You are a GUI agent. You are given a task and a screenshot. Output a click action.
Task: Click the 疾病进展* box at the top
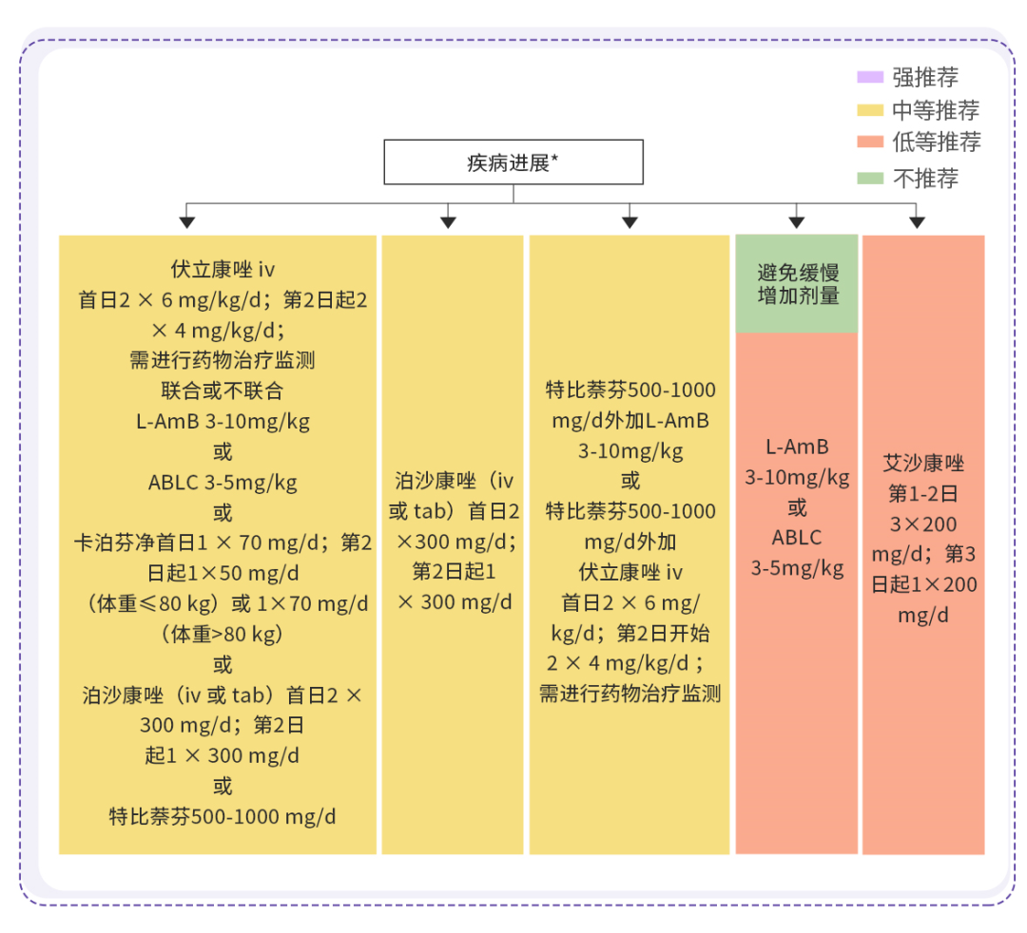point(513,162)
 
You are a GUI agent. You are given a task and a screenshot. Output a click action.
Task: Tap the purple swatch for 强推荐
point(870,78)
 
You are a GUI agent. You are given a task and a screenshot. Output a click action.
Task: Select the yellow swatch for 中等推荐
point(870,110)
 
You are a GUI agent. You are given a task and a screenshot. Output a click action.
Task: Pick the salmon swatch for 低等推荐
point(870,143)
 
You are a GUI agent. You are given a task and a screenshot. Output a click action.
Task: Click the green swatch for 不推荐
point(870,178)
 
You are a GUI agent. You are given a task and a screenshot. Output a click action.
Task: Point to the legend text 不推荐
point(925,178)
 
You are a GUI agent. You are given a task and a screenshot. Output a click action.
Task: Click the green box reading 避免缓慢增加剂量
point(798,284)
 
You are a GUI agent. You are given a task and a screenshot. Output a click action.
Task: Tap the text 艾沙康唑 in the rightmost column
point(923,464)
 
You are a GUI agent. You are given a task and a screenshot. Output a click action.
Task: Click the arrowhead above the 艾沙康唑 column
point(917,222)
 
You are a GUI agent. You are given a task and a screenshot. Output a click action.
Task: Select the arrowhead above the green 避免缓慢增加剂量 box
point(798,222)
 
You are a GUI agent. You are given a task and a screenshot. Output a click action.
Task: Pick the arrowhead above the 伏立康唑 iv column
point(187,222)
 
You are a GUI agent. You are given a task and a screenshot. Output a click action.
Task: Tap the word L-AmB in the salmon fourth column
point(797,447)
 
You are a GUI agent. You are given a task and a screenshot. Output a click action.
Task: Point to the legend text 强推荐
point(925,78)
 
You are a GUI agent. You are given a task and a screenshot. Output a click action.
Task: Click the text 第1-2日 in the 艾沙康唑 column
point(923,494)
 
